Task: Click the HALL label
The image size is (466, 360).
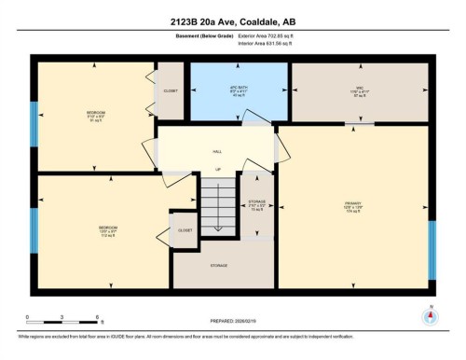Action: click(x=216, y=149)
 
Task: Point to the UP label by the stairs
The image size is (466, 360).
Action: click(x=216, y=170)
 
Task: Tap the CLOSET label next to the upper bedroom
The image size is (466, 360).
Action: click(x=171, y=91)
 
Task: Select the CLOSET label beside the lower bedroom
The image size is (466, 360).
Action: click(x=184, y=229)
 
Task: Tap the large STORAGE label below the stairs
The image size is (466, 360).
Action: click(x=219, y=266)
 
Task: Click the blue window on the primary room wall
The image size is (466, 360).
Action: click(x=432, y=250)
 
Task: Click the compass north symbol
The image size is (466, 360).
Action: click(x=430, y=314)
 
